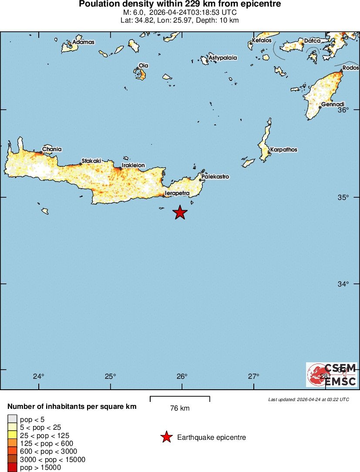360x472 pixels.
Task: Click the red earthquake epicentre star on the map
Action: (x=180, y=212)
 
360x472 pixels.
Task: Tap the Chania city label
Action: (x=52, y=149)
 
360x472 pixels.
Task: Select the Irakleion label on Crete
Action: (x=133, y=165)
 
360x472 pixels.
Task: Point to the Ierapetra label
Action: (x=177, y=193)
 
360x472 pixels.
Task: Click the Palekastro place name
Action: (x=215, y=177)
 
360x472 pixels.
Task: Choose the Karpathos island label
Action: (x=283, y=150)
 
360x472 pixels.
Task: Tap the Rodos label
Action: (x=350, y=68)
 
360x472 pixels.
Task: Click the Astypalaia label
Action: (x=223, y=57)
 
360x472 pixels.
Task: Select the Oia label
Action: (x=143, y=65)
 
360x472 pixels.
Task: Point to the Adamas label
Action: (x=83, y=42)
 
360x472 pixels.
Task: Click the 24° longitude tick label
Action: (x=39, y=377)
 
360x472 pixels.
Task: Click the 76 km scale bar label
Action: (x=180, y=408)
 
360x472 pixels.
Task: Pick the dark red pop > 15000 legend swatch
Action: (x=12, y=468)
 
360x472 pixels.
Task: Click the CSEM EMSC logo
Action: (x=332, y=374)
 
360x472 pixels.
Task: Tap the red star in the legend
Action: (x=166, y=437)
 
